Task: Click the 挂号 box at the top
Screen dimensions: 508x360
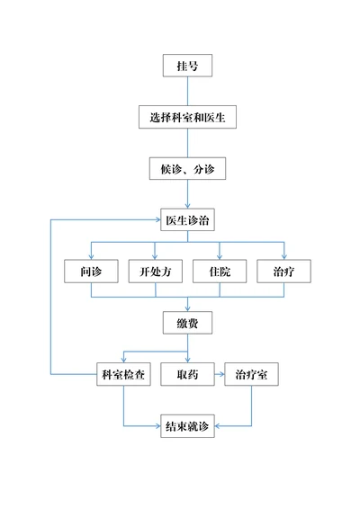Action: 187,66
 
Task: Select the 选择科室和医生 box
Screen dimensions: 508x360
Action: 187,117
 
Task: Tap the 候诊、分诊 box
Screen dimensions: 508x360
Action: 187,168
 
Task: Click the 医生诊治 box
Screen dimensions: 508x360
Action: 187,219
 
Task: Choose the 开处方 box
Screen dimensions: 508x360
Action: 155,271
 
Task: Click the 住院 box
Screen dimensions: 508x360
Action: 220,271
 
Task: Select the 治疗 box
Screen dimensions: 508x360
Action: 283,271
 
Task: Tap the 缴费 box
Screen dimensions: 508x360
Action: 187,322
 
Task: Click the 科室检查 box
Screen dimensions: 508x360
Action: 123,374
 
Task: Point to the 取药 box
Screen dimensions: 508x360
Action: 187,374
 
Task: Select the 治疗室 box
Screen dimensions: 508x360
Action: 251,374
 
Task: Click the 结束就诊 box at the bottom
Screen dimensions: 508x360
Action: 187,425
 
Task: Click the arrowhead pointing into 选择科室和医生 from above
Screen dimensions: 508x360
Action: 187,102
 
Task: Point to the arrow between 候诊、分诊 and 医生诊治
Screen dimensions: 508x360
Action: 187,194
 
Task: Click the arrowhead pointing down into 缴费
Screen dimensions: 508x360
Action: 187,307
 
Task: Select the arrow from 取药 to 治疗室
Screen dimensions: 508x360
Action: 219,374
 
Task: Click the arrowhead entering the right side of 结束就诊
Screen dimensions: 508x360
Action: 219,425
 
